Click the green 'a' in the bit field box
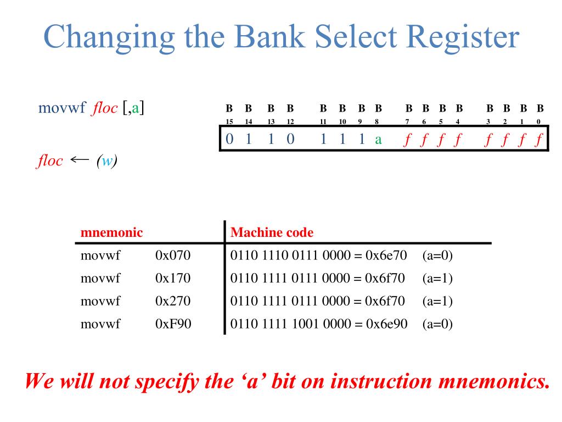[378, 140]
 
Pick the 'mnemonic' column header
[111, 232]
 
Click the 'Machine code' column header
[272, 232]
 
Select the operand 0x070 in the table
[173, 256]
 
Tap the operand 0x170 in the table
[173, 279]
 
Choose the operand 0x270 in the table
[173, 301]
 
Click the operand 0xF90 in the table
[173, 324]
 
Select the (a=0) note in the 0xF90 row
[437, 324]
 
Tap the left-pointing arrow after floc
[80, 160]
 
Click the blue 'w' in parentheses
[108, 162]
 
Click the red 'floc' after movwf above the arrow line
[105, 108]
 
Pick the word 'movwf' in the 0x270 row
[100, 301]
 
